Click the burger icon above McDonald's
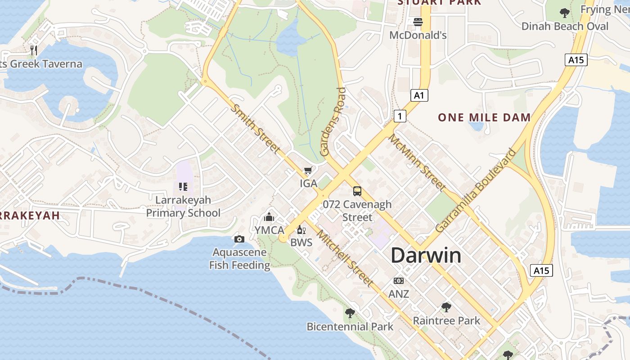coord(418,22)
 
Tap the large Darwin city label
coord(426,256)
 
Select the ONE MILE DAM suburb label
coord(484,118)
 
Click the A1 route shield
coord(419,95)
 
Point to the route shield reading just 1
coord(400,116)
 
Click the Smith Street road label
coord(255,128)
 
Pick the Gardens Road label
coord(333,121)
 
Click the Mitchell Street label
coord(345,258)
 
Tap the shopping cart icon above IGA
coord(308,171)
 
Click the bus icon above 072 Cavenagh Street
coord(357,191)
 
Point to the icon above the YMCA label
coord(269,217)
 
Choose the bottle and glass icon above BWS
coord(301,230)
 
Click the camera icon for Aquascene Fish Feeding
coord(239,239)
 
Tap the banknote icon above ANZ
coord(399,281)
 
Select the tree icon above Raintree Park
coord(446,307)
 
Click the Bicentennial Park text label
coord(350,327)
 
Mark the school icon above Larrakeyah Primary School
coord(183,186)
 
